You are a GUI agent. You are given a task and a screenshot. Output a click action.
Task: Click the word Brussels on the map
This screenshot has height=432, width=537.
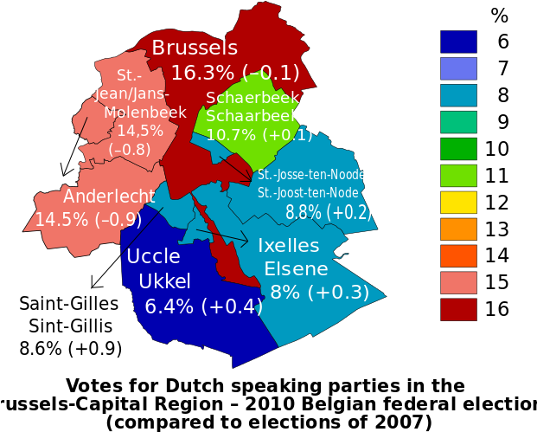coord(195,48)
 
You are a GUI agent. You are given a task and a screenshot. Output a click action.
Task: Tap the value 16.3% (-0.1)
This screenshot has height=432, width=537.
coord(235,72)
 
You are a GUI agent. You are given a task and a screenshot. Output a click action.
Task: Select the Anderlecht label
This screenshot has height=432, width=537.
coord(109,197)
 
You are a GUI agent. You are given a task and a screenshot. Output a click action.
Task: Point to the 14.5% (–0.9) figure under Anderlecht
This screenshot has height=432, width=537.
coord(88,220)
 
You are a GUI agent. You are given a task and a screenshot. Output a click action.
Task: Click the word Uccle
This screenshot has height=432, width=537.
coord(153,256)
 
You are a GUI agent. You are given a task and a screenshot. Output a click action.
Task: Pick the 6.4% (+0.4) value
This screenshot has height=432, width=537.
coord(204,306)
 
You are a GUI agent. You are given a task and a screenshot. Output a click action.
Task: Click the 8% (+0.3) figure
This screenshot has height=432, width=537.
coord(319,293)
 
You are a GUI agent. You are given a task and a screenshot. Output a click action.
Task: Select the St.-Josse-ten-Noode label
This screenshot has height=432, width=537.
coord(311,175)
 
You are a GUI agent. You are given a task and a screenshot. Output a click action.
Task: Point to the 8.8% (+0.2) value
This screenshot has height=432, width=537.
coord(329,212)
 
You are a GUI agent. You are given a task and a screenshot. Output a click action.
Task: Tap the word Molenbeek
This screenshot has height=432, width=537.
coord(145,113)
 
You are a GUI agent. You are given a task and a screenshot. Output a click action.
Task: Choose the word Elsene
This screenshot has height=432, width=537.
coord(297,268)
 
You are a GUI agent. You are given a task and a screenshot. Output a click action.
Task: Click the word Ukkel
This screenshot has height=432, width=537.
coord(164,280)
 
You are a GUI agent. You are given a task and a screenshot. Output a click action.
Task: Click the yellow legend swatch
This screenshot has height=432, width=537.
coord(458,203)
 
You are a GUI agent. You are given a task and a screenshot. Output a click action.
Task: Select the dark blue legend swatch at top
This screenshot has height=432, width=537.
coord(458,42)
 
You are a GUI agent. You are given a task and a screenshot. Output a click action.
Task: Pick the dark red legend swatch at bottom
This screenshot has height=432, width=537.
coord(458,310)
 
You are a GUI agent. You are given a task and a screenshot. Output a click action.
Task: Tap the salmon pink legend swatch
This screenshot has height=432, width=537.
coord(458,283)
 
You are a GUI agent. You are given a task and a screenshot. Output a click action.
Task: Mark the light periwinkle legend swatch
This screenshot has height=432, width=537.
coord(458,68)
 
